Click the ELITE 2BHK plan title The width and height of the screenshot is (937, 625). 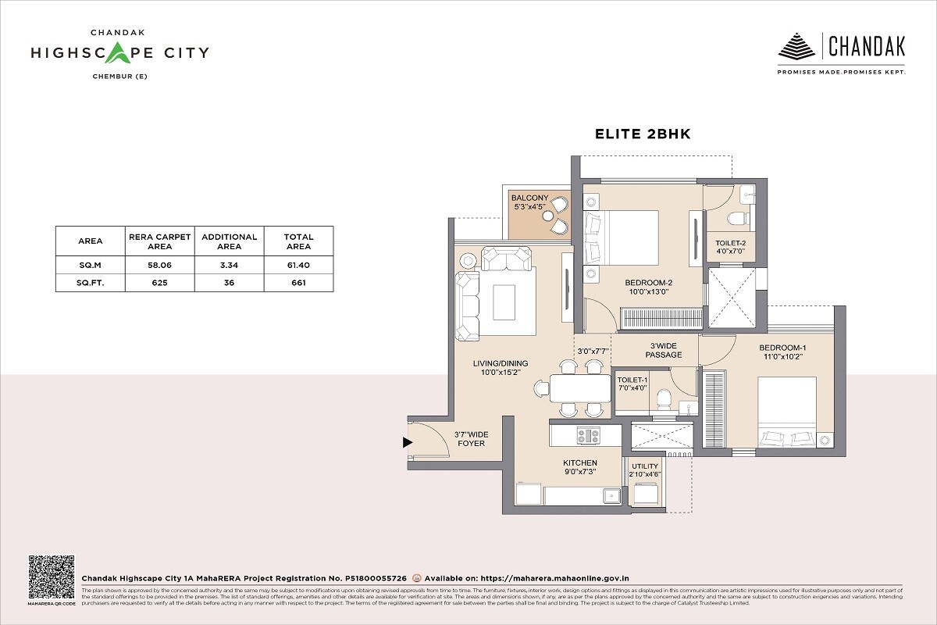(x=643, y=134)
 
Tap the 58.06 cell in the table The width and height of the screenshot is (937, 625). (x=159, y=266)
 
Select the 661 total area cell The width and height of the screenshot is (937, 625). (x=298, y=284)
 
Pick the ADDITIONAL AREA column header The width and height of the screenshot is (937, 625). (x=229, y=241)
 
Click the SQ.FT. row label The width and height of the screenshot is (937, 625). (x=90, y=284)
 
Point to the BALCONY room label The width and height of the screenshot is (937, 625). (x=530, y=202)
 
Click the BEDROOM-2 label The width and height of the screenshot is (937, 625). (x=648, y=287)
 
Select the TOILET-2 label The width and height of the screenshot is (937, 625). (x=731, y=248)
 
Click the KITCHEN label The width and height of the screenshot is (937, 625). (x=580, y=467)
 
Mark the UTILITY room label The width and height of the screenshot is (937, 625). (x=646, y=470)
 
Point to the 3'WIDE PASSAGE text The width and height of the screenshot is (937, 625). (x=663, y=350)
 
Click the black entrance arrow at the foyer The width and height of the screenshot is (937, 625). (x=407, y=443)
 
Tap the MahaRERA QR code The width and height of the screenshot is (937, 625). (x=52, y=577)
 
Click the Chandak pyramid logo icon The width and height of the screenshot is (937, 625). (x=796, y=46)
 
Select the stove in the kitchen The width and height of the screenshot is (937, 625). (x=588, y=436)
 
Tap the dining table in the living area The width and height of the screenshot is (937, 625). (x=579, y=387)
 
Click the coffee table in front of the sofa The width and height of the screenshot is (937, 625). (x=504, y=302)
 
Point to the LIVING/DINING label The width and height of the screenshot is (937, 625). (x=501, y=367)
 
